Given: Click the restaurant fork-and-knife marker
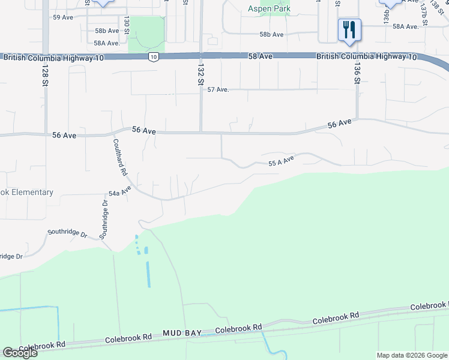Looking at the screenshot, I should pos(349,29).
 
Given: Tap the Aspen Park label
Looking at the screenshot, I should pos(270,8).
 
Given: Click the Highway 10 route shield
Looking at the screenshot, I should pos(154,57).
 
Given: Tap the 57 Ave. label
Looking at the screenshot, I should pos(218,89).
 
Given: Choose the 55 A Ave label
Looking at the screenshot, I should pos(281,161).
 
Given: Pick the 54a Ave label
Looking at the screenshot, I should pos(119,193).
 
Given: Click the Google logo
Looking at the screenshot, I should pos(20,352).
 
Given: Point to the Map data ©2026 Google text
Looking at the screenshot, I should pos(412,355).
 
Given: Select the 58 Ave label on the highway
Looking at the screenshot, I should pos(261,56).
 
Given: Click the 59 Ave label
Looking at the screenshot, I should pos(63,17).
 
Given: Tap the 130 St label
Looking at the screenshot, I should pos(127,25).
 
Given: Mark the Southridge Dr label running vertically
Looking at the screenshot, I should pos(104,218).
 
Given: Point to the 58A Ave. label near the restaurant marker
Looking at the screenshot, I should pos(405,26).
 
